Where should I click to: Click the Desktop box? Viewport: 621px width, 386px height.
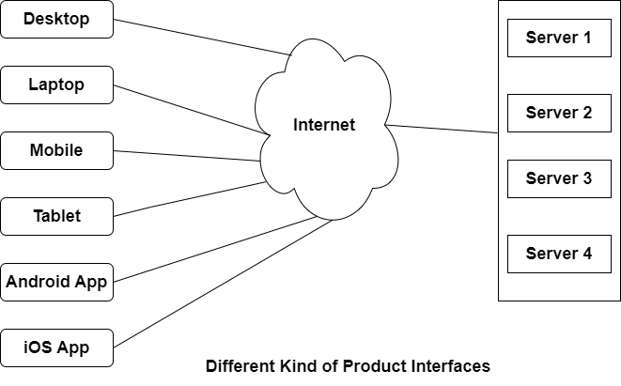[x=56, y=19]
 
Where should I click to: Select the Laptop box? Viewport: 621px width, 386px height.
[x=56, y=85]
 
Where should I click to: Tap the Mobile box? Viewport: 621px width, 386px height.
[x=56, y=150]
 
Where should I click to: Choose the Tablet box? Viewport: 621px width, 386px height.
[x=56, y=216]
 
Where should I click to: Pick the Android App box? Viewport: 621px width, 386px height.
[x=56, y=281]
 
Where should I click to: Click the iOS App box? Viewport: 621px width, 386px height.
[x=56, y=347]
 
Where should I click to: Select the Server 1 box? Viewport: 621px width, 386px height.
[x=558, y=39]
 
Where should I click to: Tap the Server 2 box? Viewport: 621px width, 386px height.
[x=558, y=113]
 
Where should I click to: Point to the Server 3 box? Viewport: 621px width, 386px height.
[x=558, y=178]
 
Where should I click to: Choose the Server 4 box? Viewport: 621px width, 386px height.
[x=558, y=254]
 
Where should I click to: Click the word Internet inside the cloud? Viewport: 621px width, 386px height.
[x=324, y=124]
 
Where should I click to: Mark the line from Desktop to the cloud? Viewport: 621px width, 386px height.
[x=202, y=37]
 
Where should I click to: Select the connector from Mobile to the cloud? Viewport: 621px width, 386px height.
[x=188, y=156]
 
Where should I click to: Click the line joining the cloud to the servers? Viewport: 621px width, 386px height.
[x=442, y=130]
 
